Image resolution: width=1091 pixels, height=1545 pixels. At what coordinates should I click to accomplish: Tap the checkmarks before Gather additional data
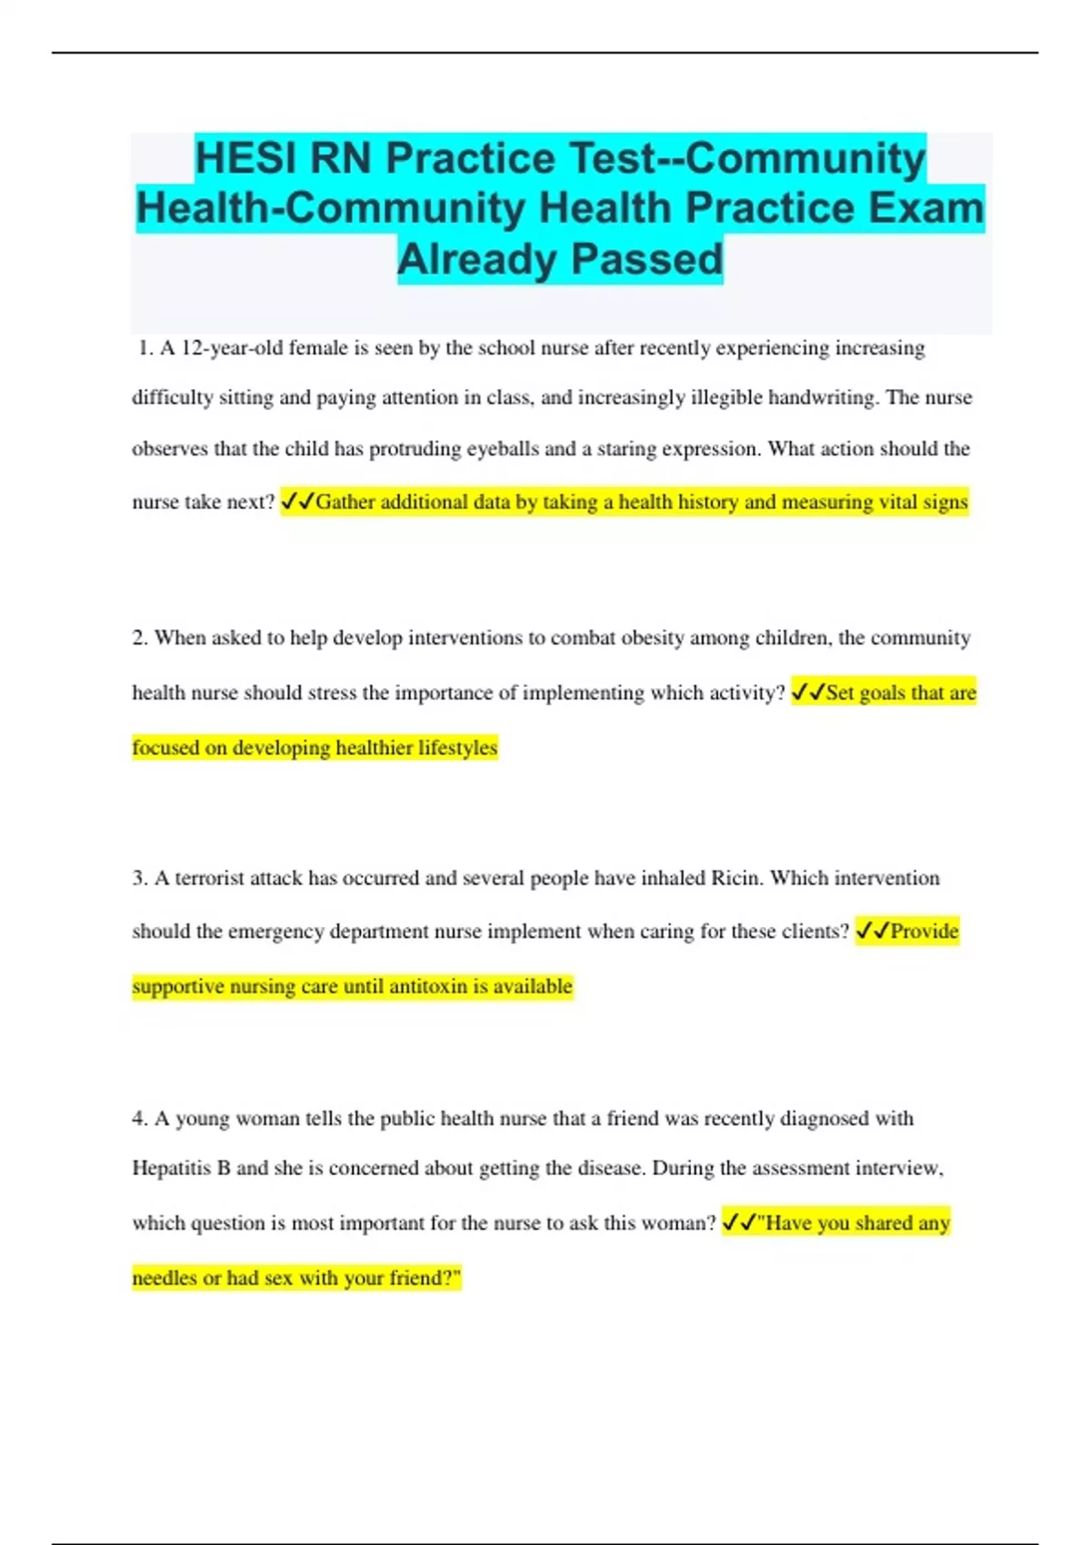click(297, 502)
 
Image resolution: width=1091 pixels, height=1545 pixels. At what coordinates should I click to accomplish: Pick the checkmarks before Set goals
click(807, 693)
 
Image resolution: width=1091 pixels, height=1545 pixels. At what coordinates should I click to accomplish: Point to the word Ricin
click(736, 878)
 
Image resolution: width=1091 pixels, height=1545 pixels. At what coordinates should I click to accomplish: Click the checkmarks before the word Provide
click(872, 932)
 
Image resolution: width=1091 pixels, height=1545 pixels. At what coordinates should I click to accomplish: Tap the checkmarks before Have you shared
click(738, 1223)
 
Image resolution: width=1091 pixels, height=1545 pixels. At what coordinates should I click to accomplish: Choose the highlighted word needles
click(164, 1279)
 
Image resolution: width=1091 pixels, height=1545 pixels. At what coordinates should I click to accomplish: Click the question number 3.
click(140, 878)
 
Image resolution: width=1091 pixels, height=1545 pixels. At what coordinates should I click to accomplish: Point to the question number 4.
click(140, 1119)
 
